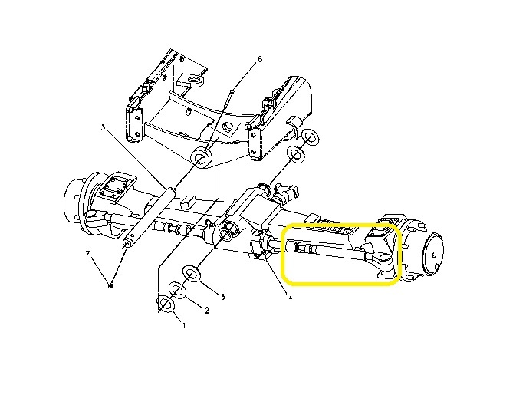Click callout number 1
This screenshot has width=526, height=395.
[183, 324]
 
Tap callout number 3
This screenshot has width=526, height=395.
[103, 127]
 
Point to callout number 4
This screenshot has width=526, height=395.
[290, 298]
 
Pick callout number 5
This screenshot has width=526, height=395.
[222, 296]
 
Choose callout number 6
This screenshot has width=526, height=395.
[260, 58]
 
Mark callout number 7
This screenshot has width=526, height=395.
[87, 253]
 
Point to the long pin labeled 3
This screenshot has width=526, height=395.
[150, 215]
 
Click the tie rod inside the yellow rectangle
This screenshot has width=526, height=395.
[330, 251]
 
